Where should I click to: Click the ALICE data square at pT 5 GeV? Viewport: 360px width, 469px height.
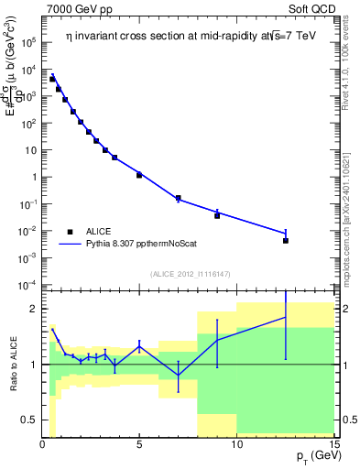point(139,174)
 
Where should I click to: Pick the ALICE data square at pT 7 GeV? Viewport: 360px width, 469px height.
point(178,198)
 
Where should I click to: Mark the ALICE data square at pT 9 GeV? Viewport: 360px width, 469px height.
point(217,215)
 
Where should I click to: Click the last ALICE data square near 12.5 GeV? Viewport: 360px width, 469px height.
point(286,241)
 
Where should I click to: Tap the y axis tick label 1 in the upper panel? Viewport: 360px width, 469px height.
point(33,177)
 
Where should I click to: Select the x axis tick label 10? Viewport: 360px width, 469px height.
point(236,444)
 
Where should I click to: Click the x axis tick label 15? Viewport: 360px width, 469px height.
point(333,444)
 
